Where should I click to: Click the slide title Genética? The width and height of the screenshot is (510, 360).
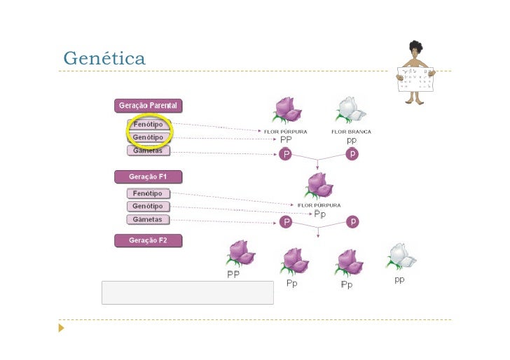tap(104, 58)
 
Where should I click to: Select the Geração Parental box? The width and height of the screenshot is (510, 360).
tap(149, 106)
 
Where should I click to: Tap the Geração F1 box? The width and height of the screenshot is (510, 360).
tap(149, 176)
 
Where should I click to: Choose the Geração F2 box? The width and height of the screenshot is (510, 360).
tap(149, 240)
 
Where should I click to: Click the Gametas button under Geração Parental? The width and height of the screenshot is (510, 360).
tap(148, 151)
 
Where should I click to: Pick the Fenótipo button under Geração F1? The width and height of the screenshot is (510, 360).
tap(148, 193)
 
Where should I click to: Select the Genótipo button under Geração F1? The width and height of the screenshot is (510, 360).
tap(148, 207)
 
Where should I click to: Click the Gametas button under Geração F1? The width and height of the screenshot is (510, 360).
tap(148, 220)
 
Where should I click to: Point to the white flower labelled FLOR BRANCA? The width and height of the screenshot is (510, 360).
tap(350, 110)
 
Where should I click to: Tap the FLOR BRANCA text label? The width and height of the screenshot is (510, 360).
tap(351, 132)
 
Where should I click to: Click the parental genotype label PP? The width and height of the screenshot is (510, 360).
tap(286, 140)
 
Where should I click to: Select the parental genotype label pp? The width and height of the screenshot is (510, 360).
tap(352, 140)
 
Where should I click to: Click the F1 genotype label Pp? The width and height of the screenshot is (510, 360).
tap(319, 214)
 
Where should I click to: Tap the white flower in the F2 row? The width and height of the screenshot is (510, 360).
tap(401, 257)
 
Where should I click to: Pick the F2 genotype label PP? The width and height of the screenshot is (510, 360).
tap(233, 275)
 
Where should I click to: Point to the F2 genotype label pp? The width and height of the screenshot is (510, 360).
tap(399, 279)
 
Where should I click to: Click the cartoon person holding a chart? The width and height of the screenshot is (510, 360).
tap(416, 72)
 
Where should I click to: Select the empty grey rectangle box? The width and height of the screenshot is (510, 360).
tap(187, 293)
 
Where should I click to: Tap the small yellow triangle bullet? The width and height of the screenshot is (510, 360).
tap(62, 327)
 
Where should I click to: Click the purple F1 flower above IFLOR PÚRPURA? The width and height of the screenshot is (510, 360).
tap(320, 186)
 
